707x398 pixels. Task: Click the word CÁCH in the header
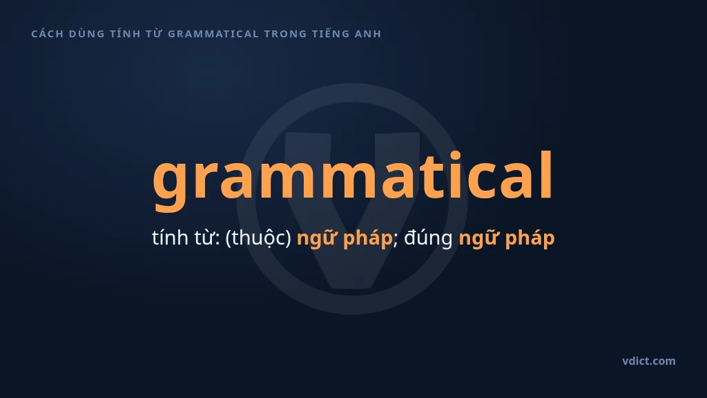pyautogui.click(x=48, y=33)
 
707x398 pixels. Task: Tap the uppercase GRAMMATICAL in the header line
pyautogui.click(x=213, y=34)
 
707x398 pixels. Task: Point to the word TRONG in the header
pyautogui.click(x=285, y=34)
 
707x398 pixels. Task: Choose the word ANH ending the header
pyautogui.click(x=368, y=34)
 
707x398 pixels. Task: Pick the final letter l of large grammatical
pyautogui.click(x=546, y=175)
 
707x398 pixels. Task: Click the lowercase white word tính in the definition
pyautogui.click(x=170, y=238)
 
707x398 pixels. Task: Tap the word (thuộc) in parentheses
pyautogui.click(x=258, y=238)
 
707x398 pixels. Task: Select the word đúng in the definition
pyautogui.click(x=428, y=238)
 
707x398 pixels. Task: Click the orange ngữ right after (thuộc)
pyautogui.click(x=317, y=238)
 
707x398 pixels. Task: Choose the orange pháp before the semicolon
pyautogui.click(x=367, y=238)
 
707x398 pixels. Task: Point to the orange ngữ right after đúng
pyautogui.click(x=479, y=238)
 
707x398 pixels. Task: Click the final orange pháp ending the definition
pyautogui.click(x=530, y=238)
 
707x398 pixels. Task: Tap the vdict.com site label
pyautogui.click(x=649, y=361)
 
